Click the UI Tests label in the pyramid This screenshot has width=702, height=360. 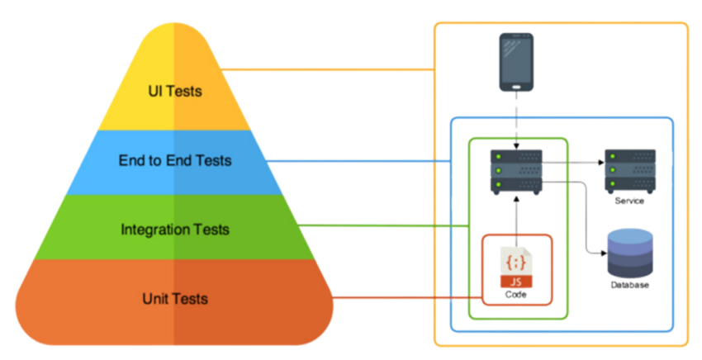(173, 91)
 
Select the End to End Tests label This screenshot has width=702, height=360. (173, 160)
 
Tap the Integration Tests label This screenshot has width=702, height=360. (175, 229)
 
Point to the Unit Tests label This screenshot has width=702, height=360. (173, 298)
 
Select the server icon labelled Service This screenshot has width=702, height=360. (629, 170)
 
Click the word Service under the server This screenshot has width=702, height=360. (629, 201)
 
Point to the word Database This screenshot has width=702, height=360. (629, 285)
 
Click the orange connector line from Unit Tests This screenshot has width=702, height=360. (405, 298)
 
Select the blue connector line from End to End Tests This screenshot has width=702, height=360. (363, 160)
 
